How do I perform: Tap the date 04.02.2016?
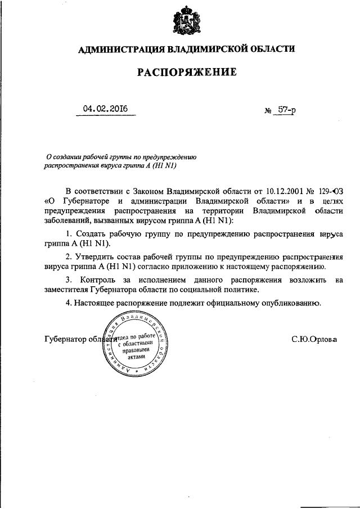pos(105,109)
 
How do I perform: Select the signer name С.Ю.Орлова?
pos(313,340)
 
